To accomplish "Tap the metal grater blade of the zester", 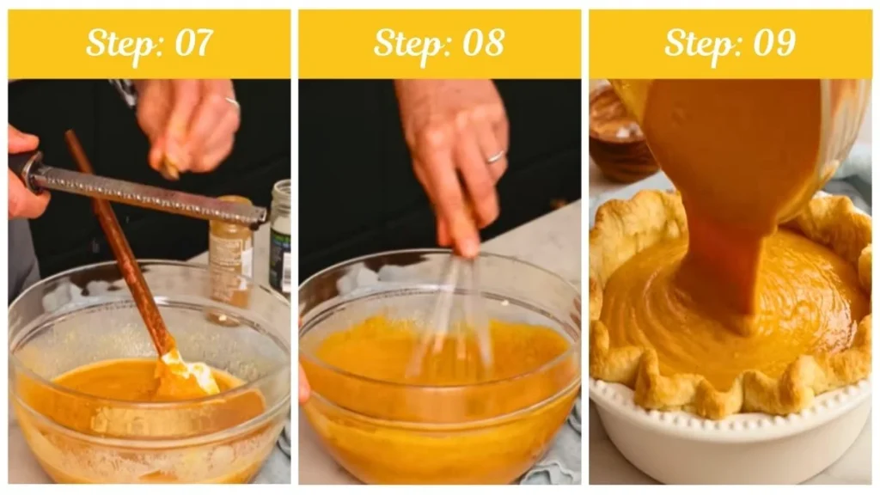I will coord(155,197).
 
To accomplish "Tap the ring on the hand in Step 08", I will coord(495,156).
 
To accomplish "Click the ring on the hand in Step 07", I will coord(232,102).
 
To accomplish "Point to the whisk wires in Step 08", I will coord(455,309).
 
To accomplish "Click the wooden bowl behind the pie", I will coord(620,133).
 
